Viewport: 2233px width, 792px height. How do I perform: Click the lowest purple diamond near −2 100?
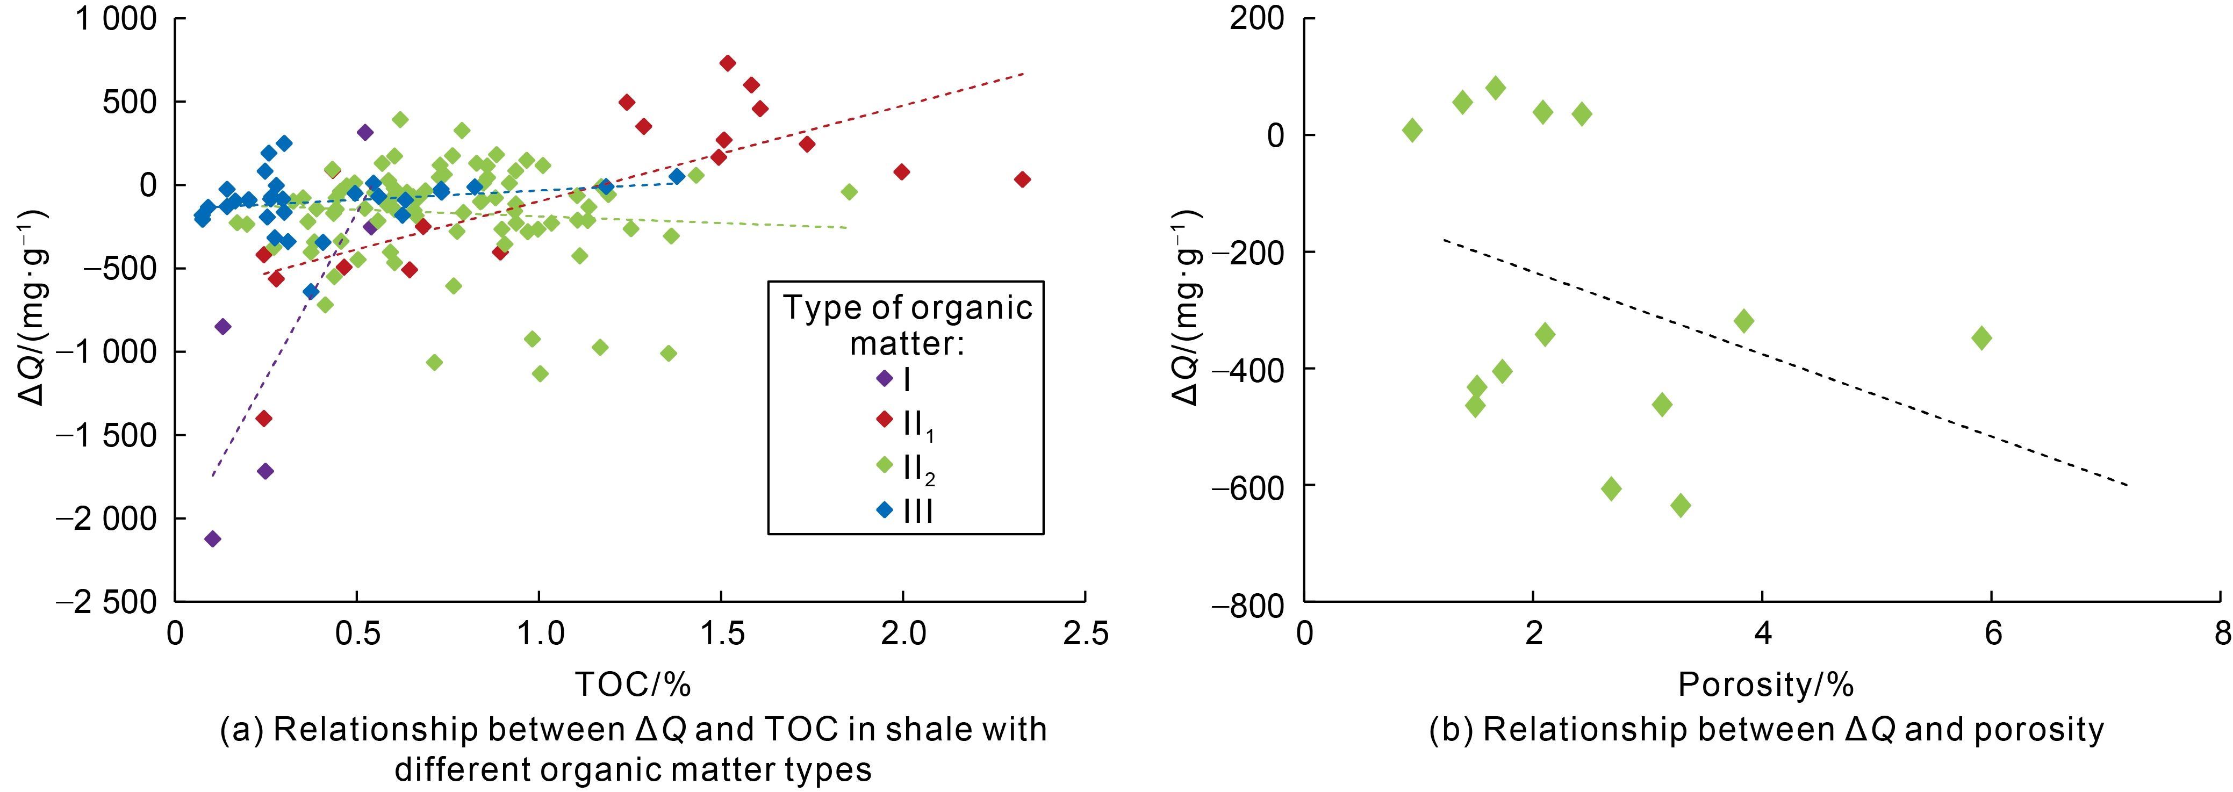[212, 539]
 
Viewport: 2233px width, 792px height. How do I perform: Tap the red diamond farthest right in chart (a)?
[1022, 179]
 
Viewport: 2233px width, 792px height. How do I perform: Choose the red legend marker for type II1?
[884, 420]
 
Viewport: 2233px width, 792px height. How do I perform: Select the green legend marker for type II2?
[884, 465]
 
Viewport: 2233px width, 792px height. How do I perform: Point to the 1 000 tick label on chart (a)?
[116, 19]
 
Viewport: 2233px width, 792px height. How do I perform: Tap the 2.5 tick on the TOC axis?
[1085, 633]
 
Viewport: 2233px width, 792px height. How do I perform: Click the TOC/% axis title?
[633, 685]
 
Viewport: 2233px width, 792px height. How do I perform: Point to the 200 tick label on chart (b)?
[1256, 19]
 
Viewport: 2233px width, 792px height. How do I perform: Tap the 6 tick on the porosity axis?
[1993, 633]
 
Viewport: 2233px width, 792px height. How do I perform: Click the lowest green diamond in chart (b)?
[1680, 505]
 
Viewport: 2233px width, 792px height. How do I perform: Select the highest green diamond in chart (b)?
[1495, 88]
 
